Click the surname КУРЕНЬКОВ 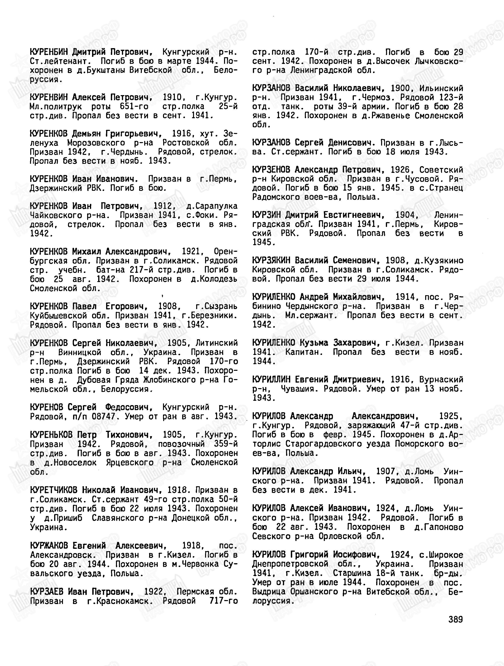click(51, 435)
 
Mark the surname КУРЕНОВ click(46, 407)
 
